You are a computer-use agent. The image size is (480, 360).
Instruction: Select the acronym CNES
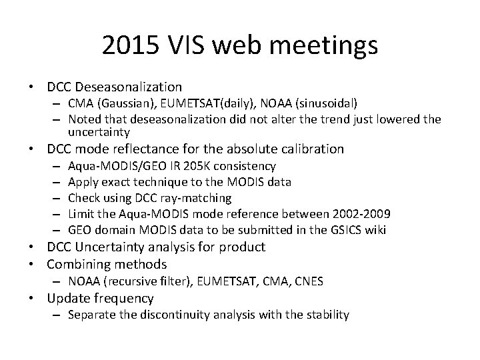pyautogui.click(x=308, y=281)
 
